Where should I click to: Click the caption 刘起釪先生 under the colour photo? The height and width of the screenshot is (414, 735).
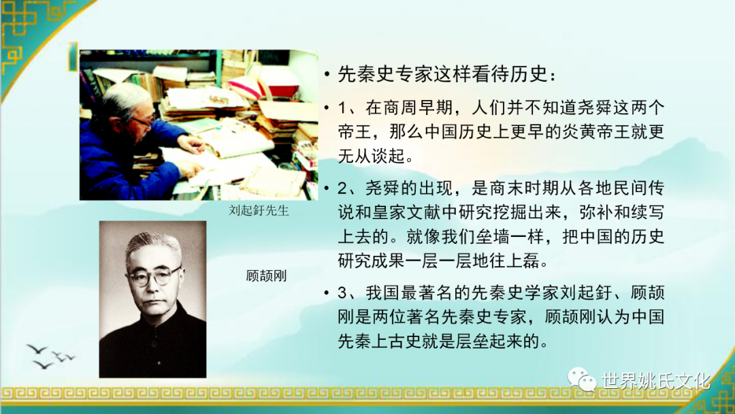[x=259, y=210]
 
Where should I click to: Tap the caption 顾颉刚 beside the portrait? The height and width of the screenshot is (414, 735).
[x=266, y=276]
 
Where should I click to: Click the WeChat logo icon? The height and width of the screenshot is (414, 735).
[x=582, y=379]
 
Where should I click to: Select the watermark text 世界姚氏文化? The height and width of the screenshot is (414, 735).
[x=656, y=381]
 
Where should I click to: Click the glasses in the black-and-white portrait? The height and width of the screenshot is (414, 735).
[x=154, y=276]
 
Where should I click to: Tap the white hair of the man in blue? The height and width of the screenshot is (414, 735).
[x=125, y=99]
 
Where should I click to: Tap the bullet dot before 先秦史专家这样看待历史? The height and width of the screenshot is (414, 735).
[x=327, y=75]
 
